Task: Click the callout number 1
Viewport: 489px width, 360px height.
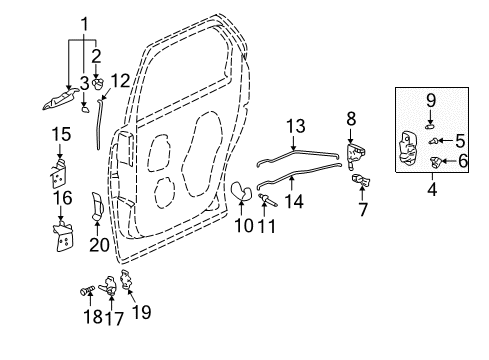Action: click(x=84, y=22)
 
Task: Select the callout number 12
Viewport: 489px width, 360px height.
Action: click(x=120, y=80)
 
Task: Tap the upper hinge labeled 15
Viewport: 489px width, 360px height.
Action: click(x=59, y=171)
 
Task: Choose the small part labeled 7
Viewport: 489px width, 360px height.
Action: click(x=362, y=181)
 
